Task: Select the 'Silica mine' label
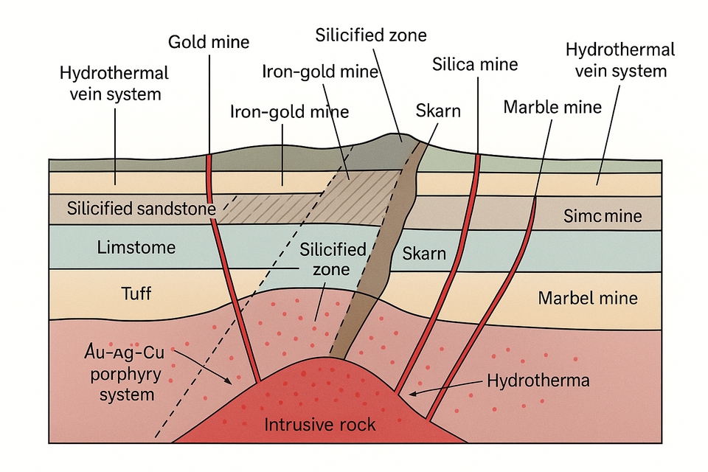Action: pos(475,64)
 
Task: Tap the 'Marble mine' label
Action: pos(552,107)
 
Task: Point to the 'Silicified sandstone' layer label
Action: pos(140,209)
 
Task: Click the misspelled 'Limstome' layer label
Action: pos(136,247)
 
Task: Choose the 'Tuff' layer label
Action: pos(136,293)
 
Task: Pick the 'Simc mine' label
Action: pos(602,216)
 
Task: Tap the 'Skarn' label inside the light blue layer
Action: pos(424,254)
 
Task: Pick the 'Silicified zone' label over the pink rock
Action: pos(333,259)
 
